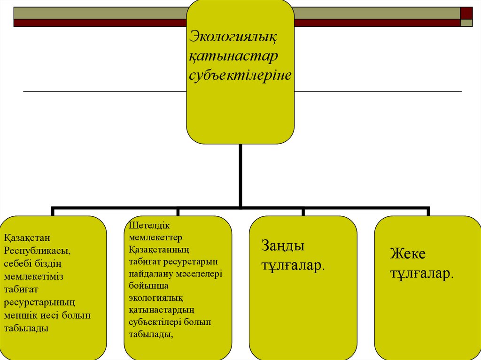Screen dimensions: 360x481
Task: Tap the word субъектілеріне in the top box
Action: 240,75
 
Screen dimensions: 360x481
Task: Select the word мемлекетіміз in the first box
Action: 33,277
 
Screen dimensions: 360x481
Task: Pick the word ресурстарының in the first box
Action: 39,303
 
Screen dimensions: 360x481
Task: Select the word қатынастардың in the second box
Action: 162,310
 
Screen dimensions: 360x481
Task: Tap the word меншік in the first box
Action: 18,315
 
